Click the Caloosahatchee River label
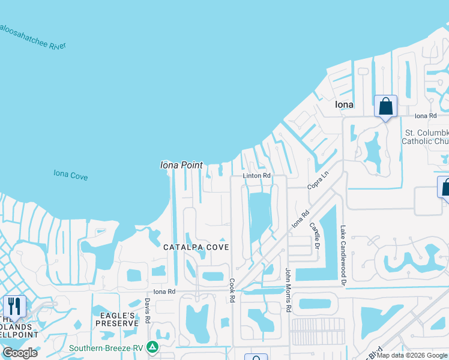point(33,37)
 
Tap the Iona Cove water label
point(71,175)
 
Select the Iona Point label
point(181,165)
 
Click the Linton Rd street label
point(257,176)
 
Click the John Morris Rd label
point(288,290)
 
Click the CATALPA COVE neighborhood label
point(196,247)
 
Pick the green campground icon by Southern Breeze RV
point(153,347)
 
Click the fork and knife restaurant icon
point(14,305)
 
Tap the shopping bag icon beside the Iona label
point(385,106)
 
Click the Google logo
point(20,353)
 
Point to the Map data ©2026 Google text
point(412,355)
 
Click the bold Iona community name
point(344,104)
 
